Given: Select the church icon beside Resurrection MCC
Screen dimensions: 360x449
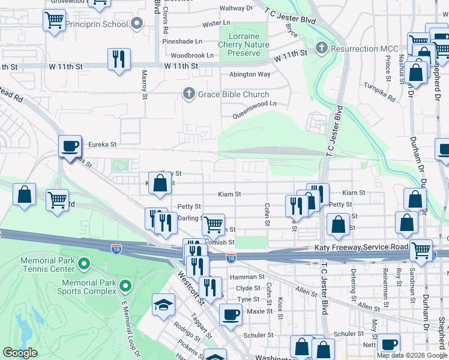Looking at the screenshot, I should pyautogui.click(x=322, y=47).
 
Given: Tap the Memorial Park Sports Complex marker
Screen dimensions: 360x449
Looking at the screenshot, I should pyautogui.click(x=125, y=286).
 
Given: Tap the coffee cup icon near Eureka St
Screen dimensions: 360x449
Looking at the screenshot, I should pyautogui.click(x=70, y=146).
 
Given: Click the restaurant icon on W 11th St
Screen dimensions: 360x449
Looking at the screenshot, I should pyautogui.click(x=118, y=59).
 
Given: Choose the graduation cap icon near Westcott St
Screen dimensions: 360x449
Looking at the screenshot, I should pyautogui.click(x=163, y=305).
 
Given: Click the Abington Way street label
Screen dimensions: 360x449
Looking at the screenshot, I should pyautogui.click(x=250, y=74).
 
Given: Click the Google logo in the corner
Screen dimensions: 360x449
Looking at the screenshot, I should pyautogui.click(x=20, y=353).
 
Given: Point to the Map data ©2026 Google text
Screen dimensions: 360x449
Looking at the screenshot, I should pyautogui.click(x=412, y=355).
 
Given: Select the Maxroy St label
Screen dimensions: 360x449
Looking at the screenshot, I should pyautogui.click(x=144, y=83).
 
